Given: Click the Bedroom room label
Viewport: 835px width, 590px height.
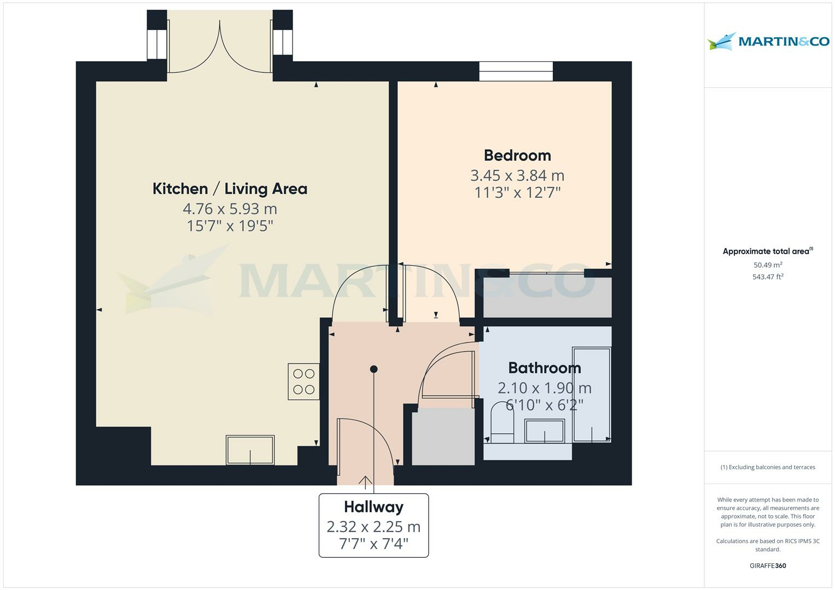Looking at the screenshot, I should tap(517, 155).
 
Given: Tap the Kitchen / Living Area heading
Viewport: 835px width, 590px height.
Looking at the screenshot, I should tap(230, 189).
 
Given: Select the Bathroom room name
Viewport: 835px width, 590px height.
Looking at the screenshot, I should tap(544, 368).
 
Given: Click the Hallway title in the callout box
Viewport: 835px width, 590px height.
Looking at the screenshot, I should tap(373, 507).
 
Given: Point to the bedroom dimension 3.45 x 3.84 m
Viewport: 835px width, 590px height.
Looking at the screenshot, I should tap(517, 175).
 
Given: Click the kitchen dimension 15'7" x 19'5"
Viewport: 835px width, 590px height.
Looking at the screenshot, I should tap(230, 226).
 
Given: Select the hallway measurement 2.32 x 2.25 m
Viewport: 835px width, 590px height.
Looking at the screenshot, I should tap(373, 527).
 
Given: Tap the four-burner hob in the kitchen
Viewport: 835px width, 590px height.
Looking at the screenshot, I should tap(304, 381).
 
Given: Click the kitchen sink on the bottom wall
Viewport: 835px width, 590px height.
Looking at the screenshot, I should tap(250, 450).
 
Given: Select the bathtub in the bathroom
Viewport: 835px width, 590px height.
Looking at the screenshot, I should tap(592, 394).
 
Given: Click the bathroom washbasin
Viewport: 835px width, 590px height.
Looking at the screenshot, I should tap(545, 431).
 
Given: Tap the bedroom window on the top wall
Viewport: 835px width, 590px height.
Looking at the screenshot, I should tap(516, 72).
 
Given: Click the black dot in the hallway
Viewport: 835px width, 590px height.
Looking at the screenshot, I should tap(373, 369).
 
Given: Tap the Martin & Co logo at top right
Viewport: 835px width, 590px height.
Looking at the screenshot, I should tap(768, 42).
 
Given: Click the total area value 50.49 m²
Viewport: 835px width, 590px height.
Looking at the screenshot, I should tap(768, 265).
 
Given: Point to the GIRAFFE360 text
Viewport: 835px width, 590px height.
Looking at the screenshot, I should tap(768, 565).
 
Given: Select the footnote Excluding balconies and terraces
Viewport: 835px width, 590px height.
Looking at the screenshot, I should tap(768, 467).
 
